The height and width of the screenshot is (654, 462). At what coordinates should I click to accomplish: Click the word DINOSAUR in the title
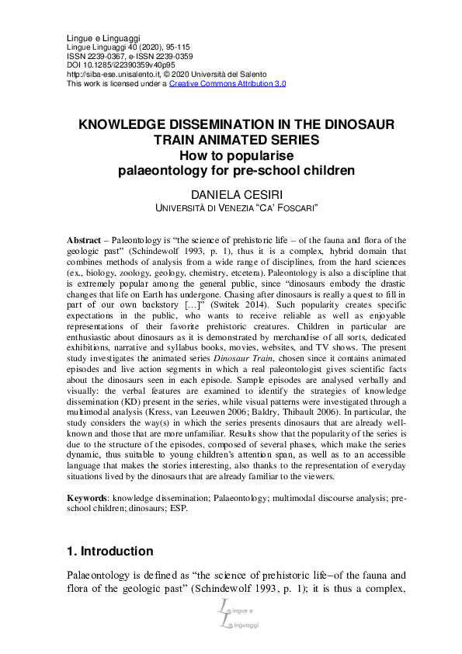point(353,125)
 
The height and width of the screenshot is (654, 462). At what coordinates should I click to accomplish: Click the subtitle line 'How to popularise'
point(231,155)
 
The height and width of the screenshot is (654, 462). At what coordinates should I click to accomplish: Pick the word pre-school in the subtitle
point(272,170)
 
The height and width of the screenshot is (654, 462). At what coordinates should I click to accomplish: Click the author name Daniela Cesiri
point(231,193)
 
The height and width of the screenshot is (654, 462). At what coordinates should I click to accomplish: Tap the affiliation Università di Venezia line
point(231,207)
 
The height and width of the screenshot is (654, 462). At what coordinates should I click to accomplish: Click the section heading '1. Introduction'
point(109,551)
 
